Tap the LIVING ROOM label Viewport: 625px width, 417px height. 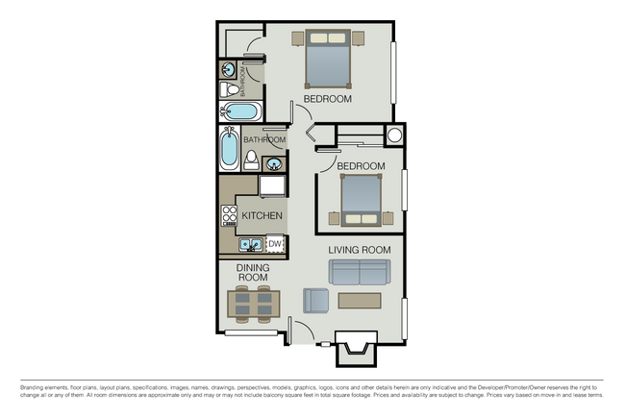point(359,250)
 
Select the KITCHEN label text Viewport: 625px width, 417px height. point(261,215)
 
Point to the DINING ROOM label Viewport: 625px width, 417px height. point(252,273)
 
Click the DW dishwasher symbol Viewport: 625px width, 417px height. point(274,245)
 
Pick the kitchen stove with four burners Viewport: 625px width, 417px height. point(229,216)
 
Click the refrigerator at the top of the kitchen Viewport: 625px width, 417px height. point(271,184)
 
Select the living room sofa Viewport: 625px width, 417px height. point(360,272)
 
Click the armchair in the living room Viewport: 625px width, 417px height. point(315,301)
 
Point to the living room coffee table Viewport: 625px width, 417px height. point(360,301)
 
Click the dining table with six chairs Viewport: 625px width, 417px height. point(254,304)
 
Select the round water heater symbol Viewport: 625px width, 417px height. point(395,135)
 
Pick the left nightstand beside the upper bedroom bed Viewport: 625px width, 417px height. point(297,38)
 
